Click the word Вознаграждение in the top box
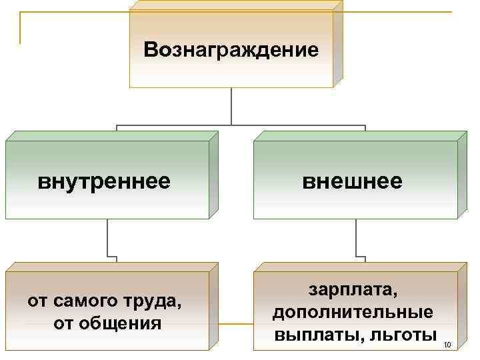[231, 50]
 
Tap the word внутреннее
[103, 181]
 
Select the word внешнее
[352, 181]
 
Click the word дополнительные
[353, 312]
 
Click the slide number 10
[447, 345]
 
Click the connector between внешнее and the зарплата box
[356, 240]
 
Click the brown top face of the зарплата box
[361, 266]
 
